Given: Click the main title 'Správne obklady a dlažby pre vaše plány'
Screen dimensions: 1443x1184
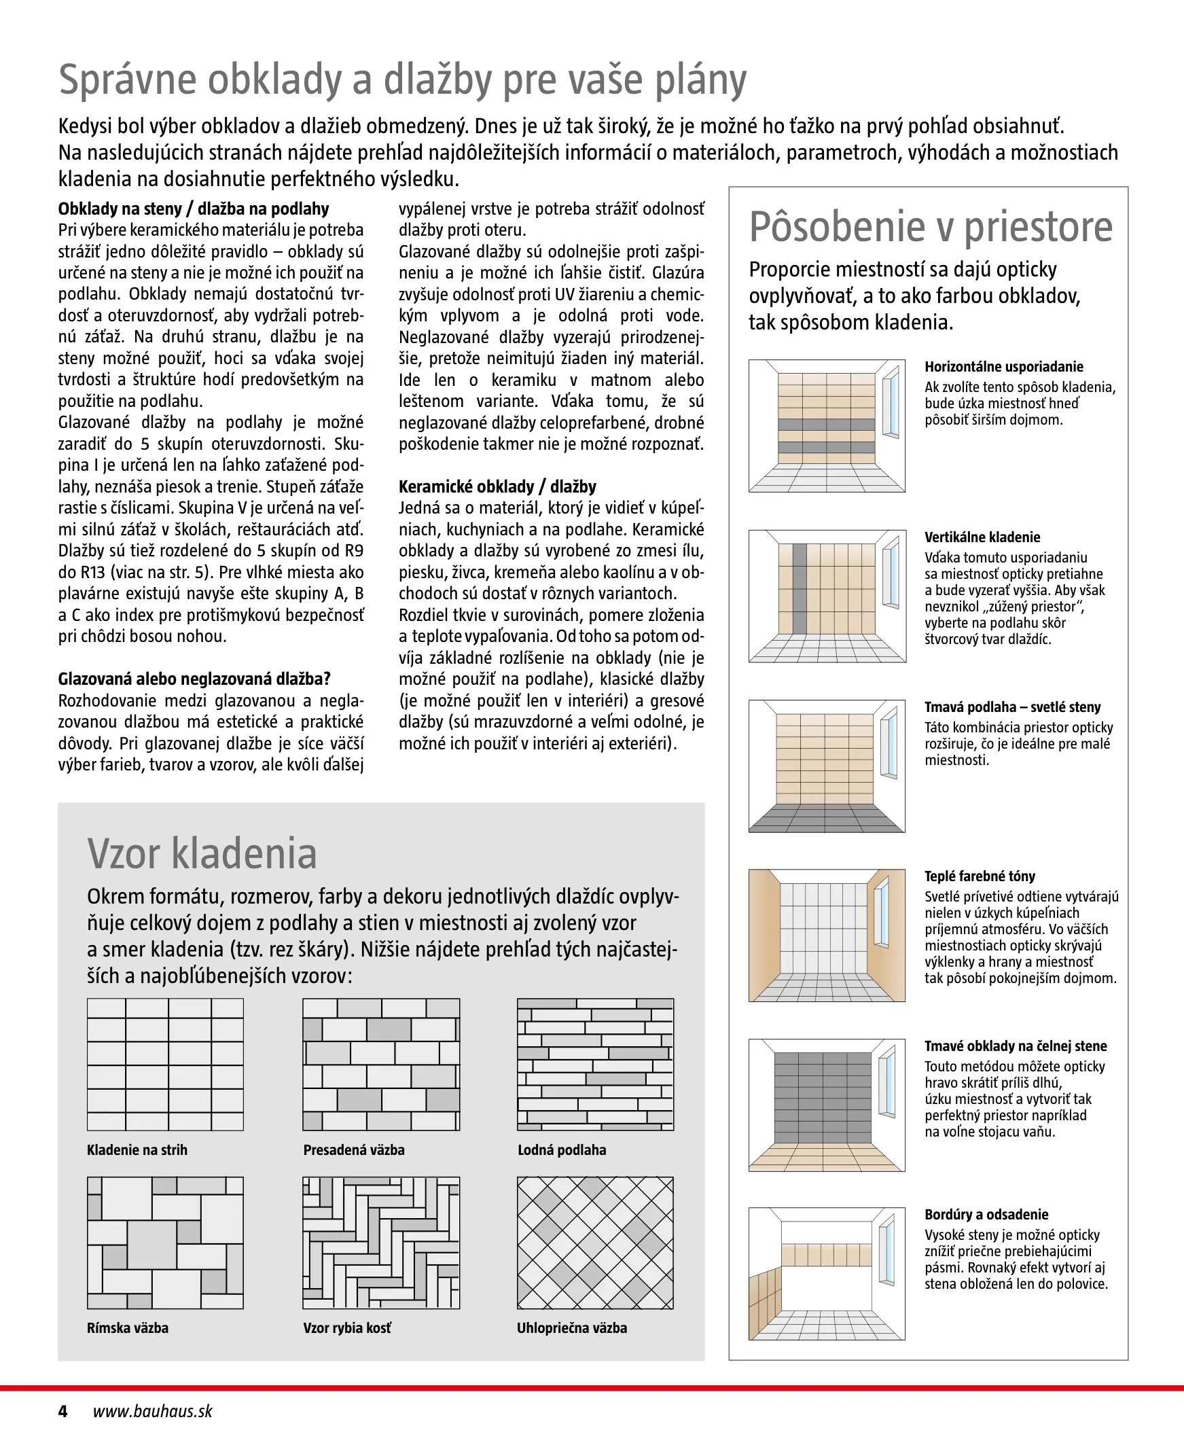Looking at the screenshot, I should [402, 81].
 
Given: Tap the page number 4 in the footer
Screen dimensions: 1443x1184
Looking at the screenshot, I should [62, 1411].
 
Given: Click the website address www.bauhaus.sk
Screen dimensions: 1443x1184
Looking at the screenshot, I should [153, 1411].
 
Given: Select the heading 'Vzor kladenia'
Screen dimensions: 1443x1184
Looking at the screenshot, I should [202, 853].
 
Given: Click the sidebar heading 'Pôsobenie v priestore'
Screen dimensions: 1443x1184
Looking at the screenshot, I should [931, 227].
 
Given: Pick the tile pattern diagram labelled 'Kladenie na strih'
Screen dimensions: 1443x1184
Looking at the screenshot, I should [165, 1065].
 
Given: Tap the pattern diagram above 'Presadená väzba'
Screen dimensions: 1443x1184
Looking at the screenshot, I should [381, 1065].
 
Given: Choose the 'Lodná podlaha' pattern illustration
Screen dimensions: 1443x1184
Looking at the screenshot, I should [596, 1065].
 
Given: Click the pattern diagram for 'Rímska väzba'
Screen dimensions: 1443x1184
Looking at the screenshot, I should [165, 1243].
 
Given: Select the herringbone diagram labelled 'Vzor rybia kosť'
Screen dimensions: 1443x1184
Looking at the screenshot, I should [381, 1243].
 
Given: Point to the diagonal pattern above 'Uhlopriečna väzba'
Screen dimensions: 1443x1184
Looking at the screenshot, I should [596, 1243].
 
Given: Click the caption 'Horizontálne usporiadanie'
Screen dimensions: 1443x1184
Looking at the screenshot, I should [1004, 367].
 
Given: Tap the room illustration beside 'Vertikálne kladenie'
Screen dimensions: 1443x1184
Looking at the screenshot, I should [827, 596].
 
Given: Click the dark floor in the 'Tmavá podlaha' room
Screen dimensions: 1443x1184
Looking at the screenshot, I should [827, 819].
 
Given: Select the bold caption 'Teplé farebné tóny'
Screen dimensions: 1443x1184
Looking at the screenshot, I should [980, 876].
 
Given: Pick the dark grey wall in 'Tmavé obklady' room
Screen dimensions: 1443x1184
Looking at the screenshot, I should [823, 1097].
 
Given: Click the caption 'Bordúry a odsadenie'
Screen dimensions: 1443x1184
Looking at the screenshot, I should [986, 1215].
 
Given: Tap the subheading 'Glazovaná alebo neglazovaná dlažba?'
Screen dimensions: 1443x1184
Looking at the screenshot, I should [194, 679].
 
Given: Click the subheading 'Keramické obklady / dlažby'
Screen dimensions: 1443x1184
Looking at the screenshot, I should [497, 487].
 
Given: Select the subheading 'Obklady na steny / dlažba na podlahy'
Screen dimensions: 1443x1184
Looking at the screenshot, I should [194, 209].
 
